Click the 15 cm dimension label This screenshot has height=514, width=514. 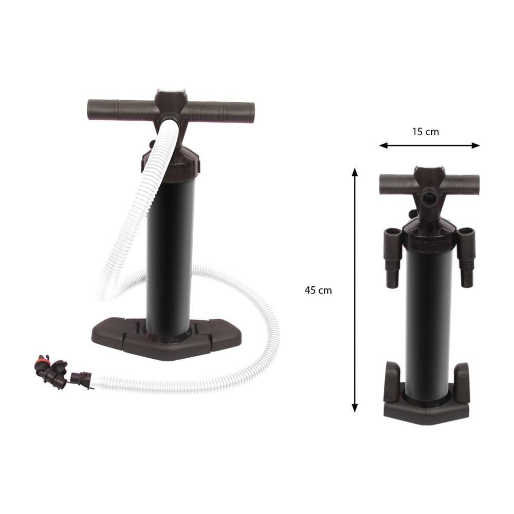pos(426,132)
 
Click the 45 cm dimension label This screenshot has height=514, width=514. pos(318,290)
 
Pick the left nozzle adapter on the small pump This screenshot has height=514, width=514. pos(392,257)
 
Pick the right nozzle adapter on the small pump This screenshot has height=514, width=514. pos(466,257)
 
